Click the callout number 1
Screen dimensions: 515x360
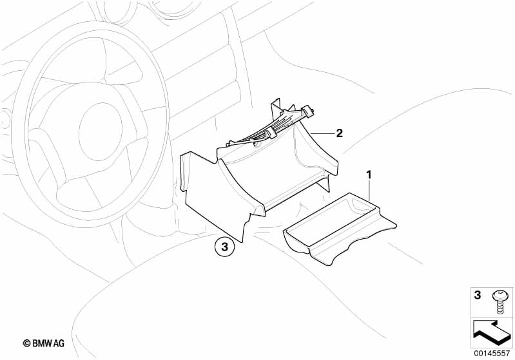[369, 175]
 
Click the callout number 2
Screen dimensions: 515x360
[339, 133]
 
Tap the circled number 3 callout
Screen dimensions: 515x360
[225, 247]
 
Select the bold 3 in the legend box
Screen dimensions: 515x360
[477, 295]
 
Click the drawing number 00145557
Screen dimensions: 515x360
[492, 353]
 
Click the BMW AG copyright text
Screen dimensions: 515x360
[44, 343]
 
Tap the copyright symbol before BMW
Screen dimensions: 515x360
[26, 343]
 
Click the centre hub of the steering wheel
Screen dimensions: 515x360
[101, 131]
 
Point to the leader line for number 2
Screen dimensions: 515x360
[322, 133]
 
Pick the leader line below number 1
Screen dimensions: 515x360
[370, 191]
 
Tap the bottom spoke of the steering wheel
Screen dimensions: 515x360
[92, 191]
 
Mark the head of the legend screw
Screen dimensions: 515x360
[500, 295]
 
